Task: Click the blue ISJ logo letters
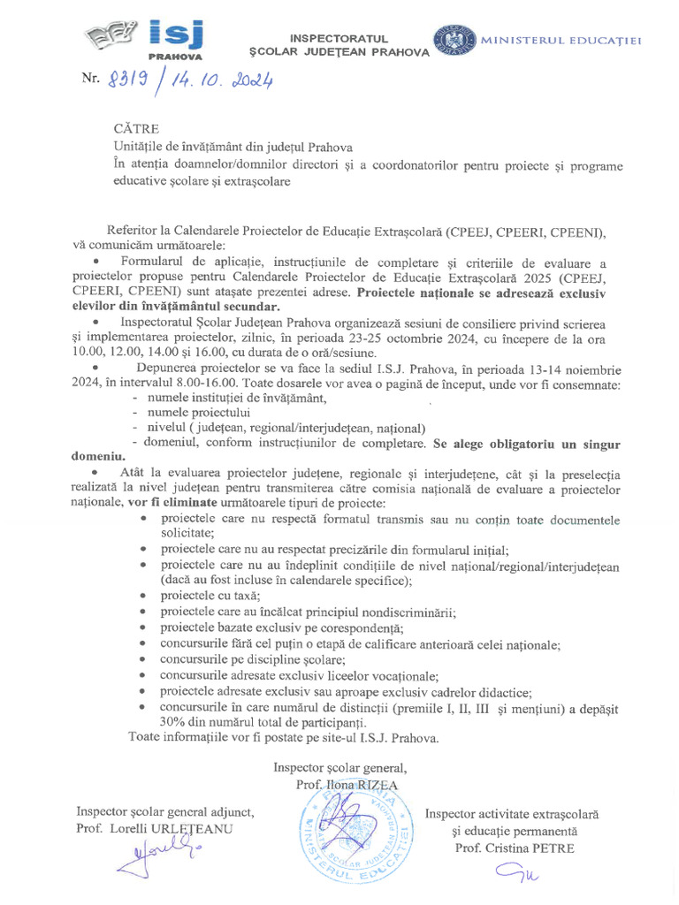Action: [175, 34]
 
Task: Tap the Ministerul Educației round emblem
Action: [453, 39]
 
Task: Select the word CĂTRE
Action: [136, 129]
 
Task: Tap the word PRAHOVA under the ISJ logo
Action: [174, 54]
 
